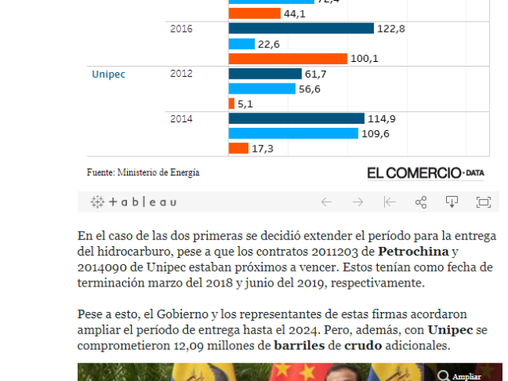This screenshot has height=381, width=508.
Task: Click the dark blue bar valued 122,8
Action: coord(301,29)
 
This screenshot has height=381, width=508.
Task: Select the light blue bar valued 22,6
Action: coord(241,44)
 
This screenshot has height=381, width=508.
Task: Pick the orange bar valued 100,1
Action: coord(287,59)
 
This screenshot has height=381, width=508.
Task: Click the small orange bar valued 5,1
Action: coord(231,104)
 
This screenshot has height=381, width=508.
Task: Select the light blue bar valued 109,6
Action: coord(293,133)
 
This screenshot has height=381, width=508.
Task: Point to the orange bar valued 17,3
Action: coord(238,148)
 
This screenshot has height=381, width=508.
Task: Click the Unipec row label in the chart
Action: coord(109,74)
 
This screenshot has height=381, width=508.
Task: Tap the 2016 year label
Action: coord(181,29)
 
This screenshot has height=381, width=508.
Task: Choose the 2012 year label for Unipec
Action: coord(181,74)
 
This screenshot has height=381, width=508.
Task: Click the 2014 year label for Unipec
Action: coord(181,118)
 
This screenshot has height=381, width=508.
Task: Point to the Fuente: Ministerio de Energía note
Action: coord(143,172)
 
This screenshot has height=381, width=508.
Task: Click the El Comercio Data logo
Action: coord(425,172)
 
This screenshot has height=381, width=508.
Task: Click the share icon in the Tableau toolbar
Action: coord(421,202)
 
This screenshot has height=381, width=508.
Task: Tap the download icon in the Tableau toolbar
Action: coord(452,202)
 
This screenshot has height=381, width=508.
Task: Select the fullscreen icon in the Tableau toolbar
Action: coord(483,202)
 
